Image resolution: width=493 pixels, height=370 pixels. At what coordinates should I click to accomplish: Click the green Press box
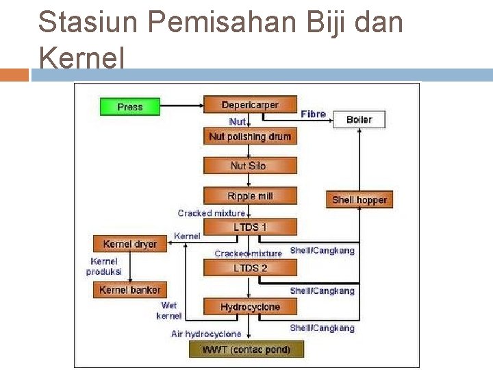pyautogui.click(x=130, y=107)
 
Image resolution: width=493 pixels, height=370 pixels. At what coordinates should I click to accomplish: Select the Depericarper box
pyautogui.click(x=250, y=105)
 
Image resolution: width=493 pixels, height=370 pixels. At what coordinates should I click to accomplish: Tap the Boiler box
pyautogui.click(x=359, y=119)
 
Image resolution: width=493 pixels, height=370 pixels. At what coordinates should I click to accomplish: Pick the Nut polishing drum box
pyautogui.click(x=250, y=136)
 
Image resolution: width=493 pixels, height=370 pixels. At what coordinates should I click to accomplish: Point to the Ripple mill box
pyautogui.click(x=250, y=196)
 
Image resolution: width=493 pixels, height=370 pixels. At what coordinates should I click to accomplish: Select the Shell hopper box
pyautogui.click(x=359, y=199)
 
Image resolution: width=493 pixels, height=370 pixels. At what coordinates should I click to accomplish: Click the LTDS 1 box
pyautogui.click(x=250, y=227)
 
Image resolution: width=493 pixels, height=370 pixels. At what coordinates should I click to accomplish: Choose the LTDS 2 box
pyautogui.click(x=250, y=268)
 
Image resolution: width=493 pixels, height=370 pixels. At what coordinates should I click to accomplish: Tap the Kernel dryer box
pyautogui.click(x=129, y=244)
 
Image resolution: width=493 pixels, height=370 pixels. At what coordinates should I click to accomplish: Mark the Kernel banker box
pyautogui.click(x=129, y=290)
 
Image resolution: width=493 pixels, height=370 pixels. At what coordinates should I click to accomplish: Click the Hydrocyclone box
pyautogui.click(x=250, y=307)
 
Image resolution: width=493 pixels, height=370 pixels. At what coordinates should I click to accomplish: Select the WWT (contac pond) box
pyautogui.click(x=246, y=349)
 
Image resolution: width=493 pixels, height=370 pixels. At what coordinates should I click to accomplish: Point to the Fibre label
pyautogui.click(x=313, y=114)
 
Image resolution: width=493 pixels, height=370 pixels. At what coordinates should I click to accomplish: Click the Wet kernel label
pyautogui.click(x=169, y=310)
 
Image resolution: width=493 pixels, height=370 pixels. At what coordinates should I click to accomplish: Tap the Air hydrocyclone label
pyautogui.click(x=206, y=334)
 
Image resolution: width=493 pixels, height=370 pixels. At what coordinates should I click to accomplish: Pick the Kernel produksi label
pyautogui.click(x=103, y=267)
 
